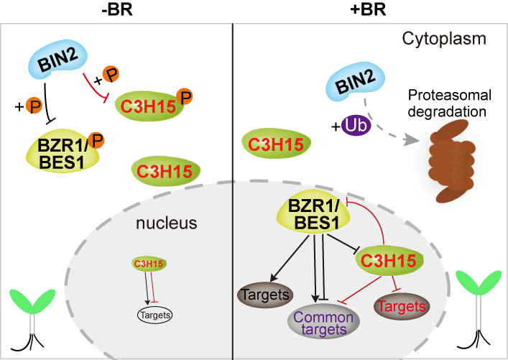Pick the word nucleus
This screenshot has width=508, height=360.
167,223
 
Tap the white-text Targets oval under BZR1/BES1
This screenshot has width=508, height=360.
264,295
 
